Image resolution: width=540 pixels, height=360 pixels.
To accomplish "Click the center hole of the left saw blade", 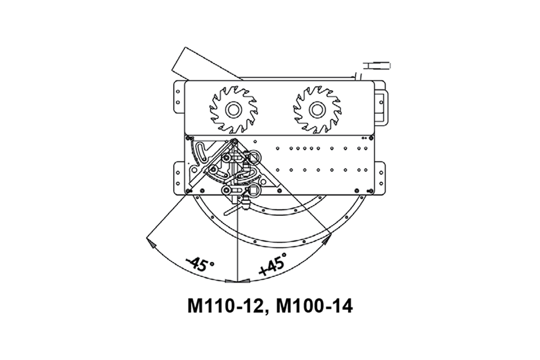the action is [x=233, y=110].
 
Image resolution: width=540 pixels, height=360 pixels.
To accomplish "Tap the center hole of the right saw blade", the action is [x=317, y=110].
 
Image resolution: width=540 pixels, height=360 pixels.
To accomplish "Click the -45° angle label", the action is [x=200, y=263].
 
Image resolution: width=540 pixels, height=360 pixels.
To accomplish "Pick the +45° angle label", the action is [x=273, y=263].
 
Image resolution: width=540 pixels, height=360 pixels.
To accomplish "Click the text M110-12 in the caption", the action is [x=225, y=306].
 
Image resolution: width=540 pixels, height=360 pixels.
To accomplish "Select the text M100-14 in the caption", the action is [x=314, y=306].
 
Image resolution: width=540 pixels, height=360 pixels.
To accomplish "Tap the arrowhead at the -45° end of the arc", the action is [x=151, y=243].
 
